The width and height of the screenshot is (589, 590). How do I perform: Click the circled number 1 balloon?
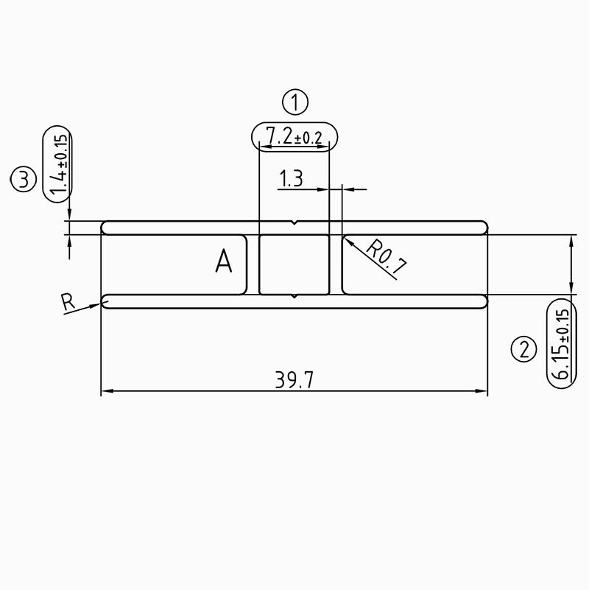pyautogui.click(x=294, y=102)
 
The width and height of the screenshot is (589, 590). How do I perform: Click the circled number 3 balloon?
pyautogui.click(x=24, y=179)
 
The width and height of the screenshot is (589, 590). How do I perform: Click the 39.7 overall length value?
pyautogui.click(x=294, y=380)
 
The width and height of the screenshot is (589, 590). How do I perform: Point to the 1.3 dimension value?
pyautogui.click(x=291, y=178)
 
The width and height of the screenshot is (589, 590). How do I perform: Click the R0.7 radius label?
pyautogui.click(x=386, y=258)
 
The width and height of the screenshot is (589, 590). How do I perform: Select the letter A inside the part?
pyautogui.click(x=224, y=261)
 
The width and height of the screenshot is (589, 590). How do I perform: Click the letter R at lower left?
pyautogui.click(x=68, y=301)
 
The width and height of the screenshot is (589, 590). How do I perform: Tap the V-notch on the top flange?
pyautogui.click(x=294, y=223)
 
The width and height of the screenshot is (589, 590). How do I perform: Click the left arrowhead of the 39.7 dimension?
pyautogui.click(x=105, y=391)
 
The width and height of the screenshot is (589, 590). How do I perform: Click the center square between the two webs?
pyautogui.click(x=294, y=264)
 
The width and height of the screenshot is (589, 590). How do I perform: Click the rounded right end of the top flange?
pyautogui.click(x=484, y=227)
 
